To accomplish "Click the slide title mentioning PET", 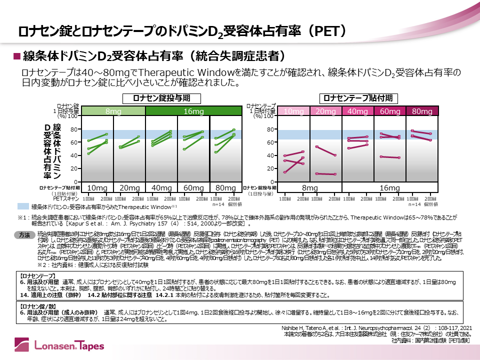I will pyautogui.click(x=182, y=31).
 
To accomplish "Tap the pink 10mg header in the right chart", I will pyautogui.click(x=293, y=111).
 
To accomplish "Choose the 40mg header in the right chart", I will pyautogui.click(x=357, y=111).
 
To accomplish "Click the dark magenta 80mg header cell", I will pyautogui.click(x=422, y=111).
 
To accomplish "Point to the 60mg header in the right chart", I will pyautogui.click(x=390, y=111).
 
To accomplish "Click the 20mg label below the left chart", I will pyautogui.click(x=129, y=188).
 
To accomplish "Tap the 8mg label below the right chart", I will pyautogui.click(x=309, y=188).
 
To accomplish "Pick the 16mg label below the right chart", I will pyautogui.click(x=389, y=188).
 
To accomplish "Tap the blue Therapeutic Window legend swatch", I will pyautogui.click(x=23, y=206).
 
